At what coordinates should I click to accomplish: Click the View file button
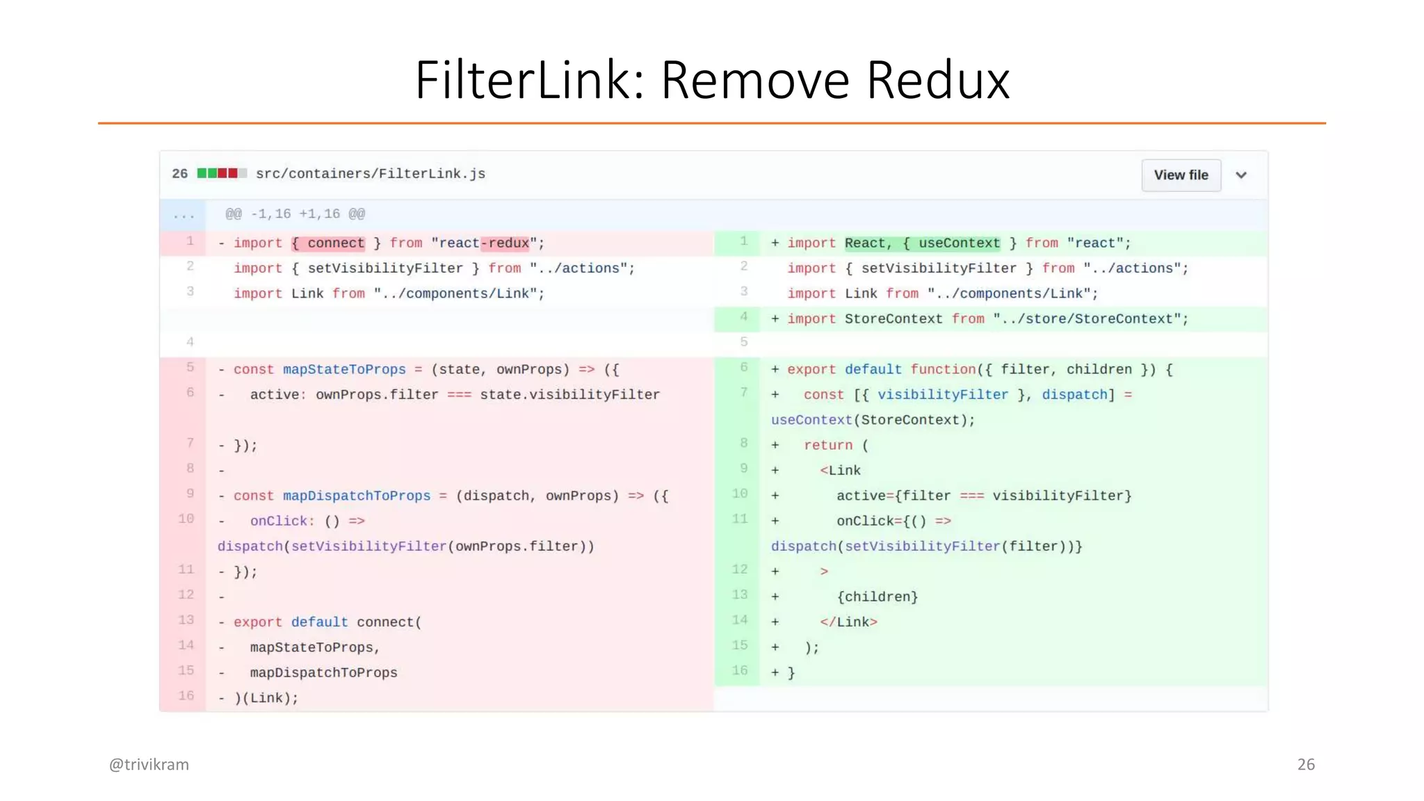1181,175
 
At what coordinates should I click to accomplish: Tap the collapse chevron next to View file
1241,175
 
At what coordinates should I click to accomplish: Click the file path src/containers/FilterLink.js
370,174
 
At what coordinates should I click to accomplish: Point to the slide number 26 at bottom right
1306,764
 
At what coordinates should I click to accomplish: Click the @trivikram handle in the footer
149,764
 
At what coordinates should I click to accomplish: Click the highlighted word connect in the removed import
336,243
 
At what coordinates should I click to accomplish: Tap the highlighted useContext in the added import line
959,243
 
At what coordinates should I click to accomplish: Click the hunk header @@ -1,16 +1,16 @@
295,214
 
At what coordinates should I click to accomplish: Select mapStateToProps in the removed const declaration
344,369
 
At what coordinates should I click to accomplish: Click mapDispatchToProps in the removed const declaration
357,496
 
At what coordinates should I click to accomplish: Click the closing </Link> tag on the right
848,622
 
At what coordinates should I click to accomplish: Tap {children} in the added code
877,597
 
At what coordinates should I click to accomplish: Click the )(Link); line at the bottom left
266,698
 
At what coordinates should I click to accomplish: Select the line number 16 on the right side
740,671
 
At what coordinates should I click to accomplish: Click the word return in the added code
828,445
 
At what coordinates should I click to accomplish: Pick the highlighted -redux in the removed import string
505,243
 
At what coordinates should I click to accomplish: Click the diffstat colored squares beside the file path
221,173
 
